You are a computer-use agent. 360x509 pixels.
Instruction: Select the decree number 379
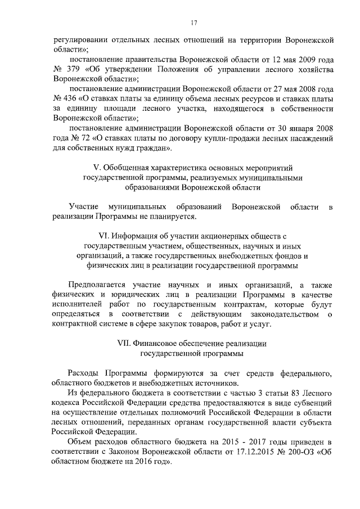coord(76,69)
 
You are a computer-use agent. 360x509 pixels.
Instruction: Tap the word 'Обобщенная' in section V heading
coord(123,168)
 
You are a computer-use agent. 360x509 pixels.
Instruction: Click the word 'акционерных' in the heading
coord(223,237)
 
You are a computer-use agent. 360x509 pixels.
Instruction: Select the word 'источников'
coord(190,382)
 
